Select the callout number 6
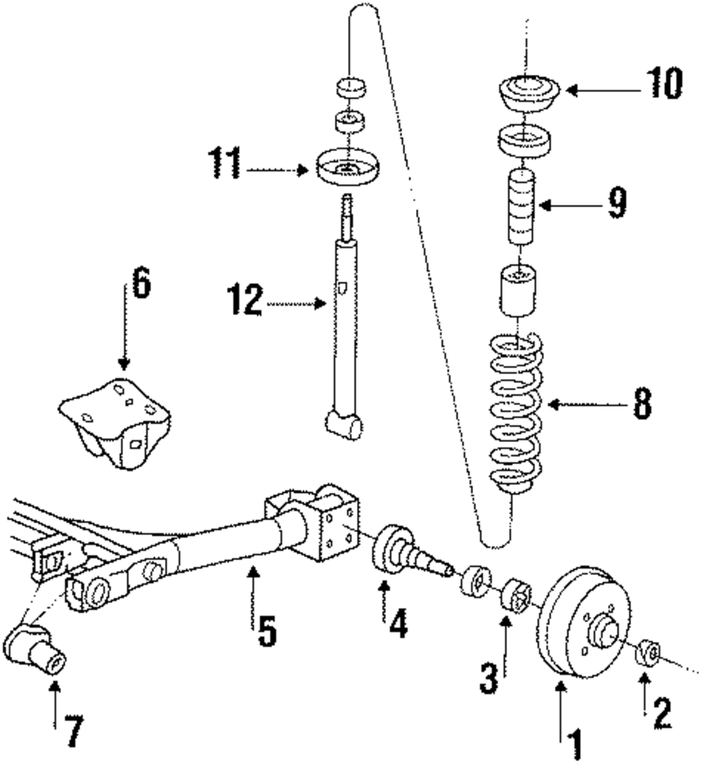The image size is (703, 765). [x=141, y=287]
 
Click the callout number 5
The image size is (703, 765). [x=265, y=629]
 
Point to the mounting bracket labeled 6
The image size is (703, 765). [x=115, y=422]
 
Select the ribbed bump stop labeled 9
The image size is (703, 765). [x=519, y=207]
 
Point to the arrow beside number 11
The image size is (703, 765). [x=278, y=169]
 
